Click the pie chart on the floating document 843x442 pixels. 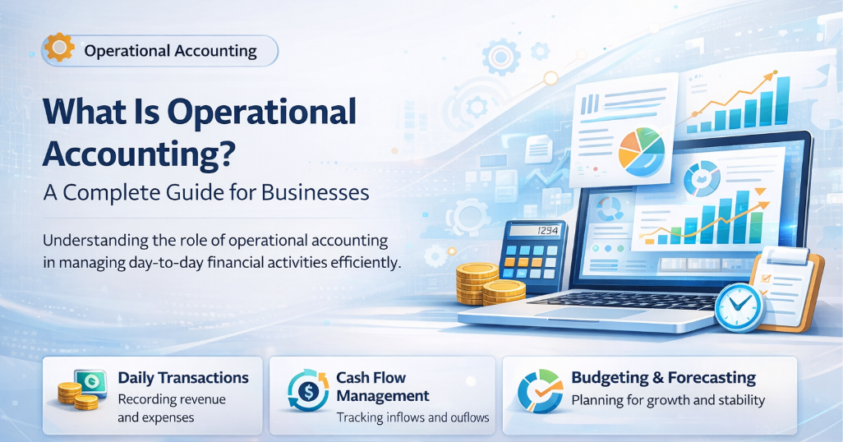coord(642,150)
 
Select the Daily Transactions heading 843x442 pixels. coord(182,378)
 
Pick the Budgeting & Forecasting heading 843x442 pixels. coord(663,378)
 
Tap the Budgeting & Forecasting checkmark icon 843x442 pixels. coord(540,391)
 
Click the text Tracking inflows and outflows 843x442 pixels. coord(412,417)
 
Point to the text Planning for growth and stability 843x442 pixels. coord(667,401)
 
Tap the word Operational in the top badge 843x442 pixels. coord(125,51)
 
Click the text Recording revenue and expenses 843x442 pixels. coord(171,408)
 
